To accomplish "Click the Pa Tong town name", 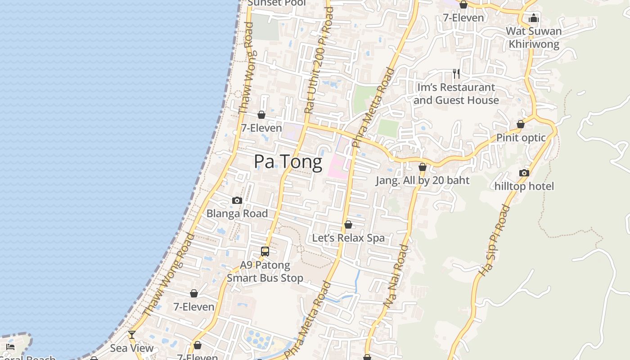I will pyautogui.click(x=288, y=162).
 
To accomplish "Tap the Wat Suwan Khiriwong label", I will pyautogui.click(x=534, y=38).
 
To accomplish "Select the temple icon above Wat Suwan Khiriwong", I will pyautogui.click(x=534, y=18).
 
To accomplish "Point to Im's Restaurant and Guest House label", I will pyautogui.click(x=456, y=94).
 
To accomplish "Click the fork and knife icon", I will pyautogui.click(x=456, y=74).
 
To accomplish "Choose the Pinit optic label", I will pyautogui.click(x=521, y=138).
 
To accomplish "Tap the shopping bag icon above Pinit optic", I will pyautogui.click(x=521, y=124).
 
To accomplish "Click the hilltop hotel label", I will pyautogui.click(x=524, y=186).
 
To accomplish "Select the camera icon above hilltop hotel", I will pyautogui.click(x=524, y=173).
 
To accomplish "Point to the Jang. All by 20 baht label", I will pyautogui.click(x=423, y=180).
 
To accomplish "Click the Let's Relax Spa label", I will pyautogui.click(x=348, y=238).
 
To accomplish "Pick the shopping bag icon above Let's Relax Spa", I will pyautogui.click(x=348, y=225).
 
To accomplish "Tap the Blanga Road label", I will pyautogui.click(x=237, y=213).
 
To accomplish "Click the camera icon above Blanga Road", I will pyautogui.click(x=237, y=200).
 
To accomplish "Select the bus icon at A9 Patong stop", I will pyautogui.click(x=265, y=252).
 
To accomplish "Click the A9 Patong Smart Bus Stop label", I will pyautogui.click(x=265, y=271).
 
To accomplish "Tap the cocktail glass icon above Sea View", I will pyautogui.click(x=132, y=335).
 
